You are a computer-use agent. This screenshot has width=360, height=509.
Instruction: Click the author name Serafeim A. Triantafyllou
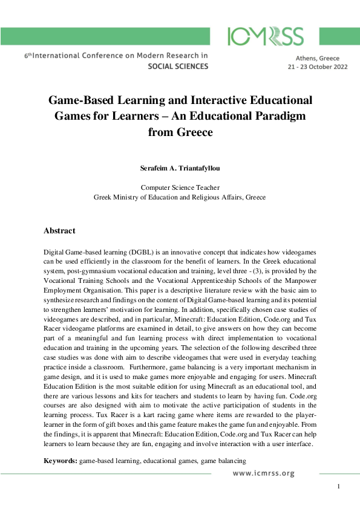click(180, 166)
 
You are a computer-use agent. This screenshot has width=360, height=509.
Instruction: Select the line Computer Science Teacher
click(180, 187)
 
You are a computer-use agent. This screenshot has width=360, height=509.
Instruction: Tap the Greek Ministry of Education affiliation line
click(180, 197)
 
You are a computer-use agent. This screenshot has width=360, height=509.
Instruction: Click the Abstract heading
click(59, 230)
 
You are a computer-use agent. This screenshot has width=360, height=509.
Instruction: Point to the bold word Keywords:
click(61, 461)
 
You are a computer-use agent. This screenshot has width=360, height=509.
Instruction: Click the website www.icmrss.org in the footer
click(264, 473)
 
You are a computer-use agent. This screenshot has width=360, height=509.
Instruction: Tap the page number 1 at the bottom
click(339, 487)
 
